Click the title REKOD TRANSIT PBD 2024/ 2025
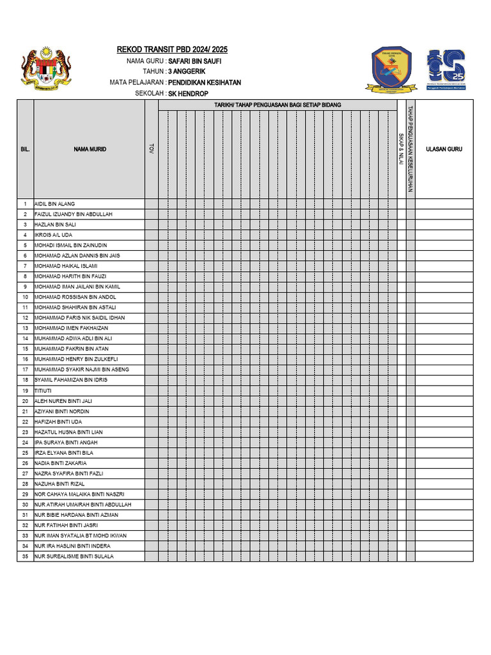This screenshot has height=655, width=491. pos(172,50)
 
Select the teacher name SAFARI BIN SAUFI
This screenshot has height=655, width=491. pos(195,61)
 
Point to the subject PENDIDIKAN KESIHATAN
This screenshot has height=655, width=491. pos(205,83)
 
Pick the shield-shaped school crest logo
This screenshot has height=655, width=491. pos(393,69)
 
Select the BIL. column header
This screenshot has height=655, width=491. pos(25,149)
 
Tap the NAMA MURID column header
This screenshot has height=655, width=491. pos(90,149)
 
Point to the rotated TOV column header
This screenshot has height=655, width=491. pos(152,148)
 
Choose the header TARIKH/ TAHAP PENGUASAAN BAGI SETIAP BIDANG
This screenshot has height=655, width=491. pos(277,105)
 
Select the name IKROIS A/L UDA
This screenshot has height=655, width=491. pos(54,235)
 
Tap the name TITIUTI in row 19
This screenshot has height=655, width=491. pos(43,390)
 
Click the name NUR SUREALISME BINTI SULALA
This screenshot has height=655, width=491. pos(74,556)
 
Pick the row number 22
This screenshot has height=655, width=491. pos(25,422)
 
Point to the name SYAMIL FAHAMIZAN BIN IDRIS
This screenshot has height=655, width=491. pos(71,380)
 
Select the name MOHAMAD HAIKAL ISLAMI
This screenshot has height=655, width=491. pos(66,266)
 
